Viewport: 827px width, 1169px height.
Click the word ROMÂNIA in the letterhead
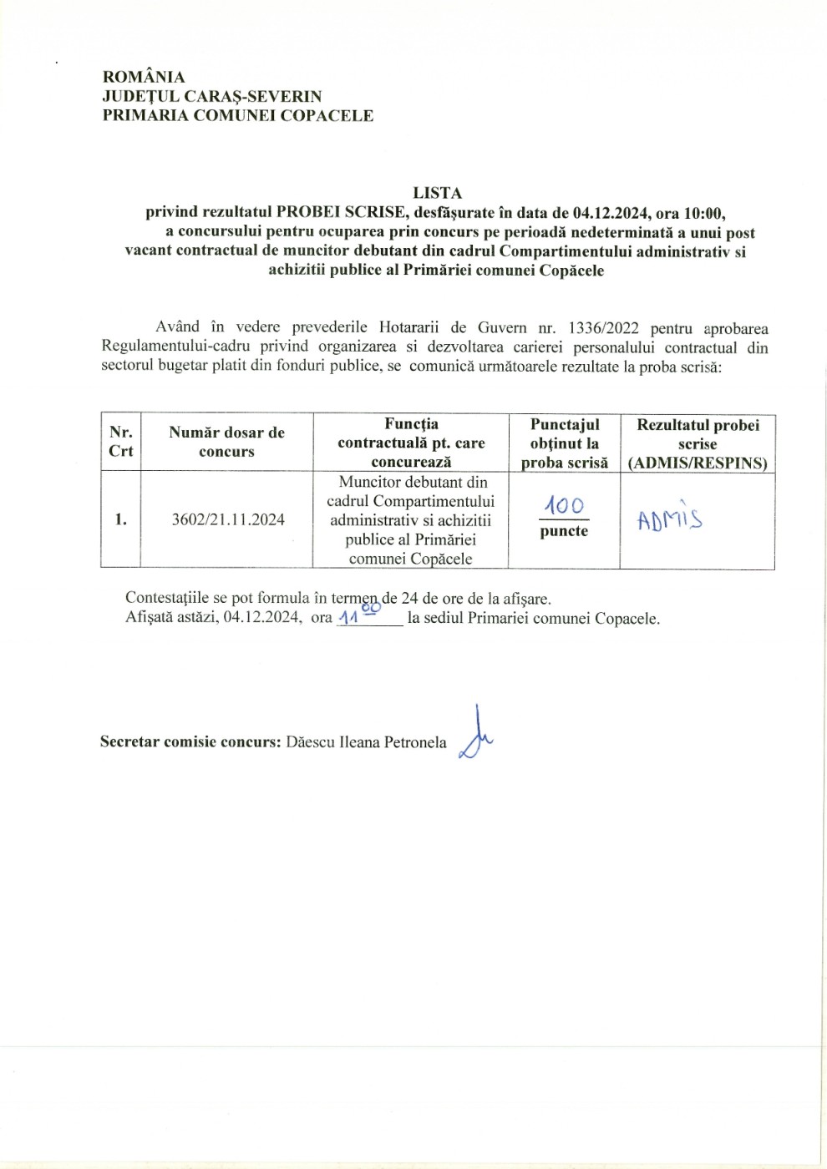[144, 77]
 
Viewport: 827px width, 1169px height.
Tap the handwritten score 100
[565, 505]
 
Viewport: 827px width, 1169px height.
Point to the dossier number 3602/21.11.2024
[227, 519]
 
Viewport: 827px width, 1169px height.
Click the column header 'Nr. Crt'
[121, 442]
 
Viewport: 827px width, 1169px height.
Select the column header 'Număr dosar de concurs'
[226, 442]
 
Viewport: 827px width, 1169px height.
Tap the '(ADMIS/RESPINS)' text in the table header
[698, 463]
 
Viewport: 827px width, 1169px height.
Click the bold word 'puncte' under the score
[564, 531]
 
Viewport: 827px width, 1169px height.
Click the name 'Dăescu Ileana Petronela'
[366, 741]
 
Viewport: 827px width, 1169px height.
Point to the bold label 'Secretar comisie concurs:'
[190, 741]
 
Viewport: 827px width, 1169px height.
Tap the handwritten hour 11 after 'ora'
[347, 619]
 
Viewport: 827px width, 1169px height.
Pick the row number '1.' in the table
[121, 519]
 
